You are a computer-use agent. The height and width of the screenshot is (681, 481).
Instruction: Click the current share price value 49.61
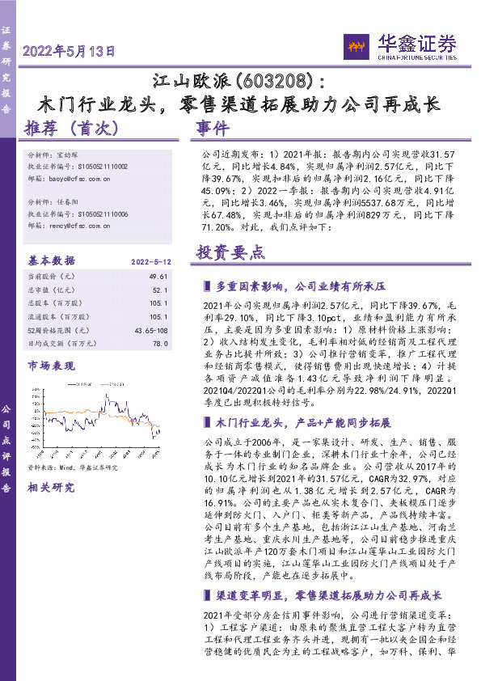(x=158, y=277)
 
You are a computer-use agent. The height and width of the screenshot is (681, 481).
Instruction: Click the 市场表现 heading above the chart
(x=49, y=366)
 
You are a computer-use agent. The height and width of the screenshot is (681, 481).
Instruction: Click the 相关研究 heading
(x=49, y=489)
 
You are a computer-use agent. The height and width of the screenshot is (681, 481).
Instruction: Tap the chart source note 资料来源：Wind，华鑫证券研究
(x=73, y=467)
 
